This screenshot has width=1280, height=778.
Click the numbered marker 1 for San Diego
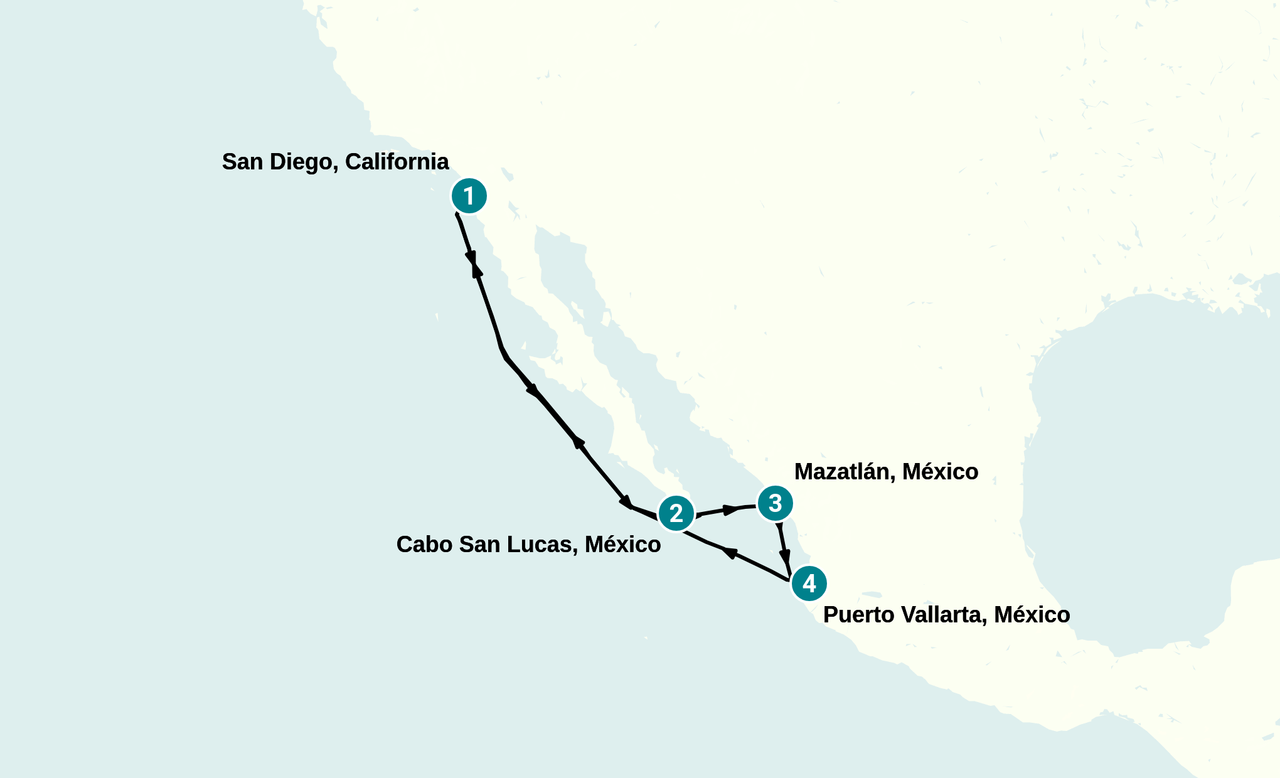469,196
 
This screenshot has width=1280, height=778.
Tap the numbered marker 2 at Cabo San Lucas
676,514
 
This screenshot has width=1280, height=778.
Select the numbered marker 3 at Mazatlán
775,503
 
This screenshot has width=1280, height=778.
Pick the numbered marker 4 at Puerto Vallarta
809,584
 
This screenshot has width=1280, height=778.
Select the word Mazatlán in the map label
845,472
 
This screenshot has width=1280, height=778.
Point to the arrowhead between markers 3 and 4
784,556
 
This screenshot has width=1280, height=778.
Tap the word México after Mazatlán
940,472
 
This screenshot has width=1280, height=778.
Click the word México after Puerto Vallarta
1032,615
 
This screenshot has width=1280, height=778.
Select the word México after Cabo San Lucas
622,545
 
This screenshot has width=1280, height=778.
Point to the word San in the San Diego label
242,162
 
